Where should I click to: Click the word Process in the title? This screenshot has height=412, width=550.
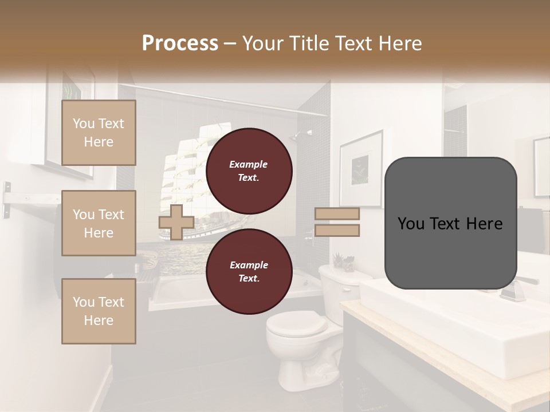click(180, 43)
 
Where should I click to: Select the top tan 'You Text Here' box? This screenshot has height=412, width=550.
click(99, 133)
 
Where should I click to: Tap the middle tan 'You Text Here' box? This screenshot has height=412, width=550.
click(99, 223)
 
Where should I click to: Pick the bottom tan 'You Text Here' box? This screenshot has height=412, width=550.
click(99, 311)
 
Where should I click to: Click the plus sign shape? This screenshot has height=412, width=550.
click(176, 222)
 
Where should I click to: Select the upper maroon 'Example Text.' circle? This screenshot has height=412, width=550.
click(249, 171)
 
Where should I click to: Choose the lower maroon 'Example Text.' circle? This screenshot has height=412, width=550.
click(249, 271)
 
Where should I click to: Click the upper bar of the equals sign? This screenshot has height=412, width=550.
click(337, 214)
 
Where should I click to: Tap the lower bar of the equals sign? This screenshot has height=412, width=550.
click(337, 231)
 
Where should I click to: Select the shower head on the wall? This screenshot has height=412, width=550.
click(296, 135)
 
